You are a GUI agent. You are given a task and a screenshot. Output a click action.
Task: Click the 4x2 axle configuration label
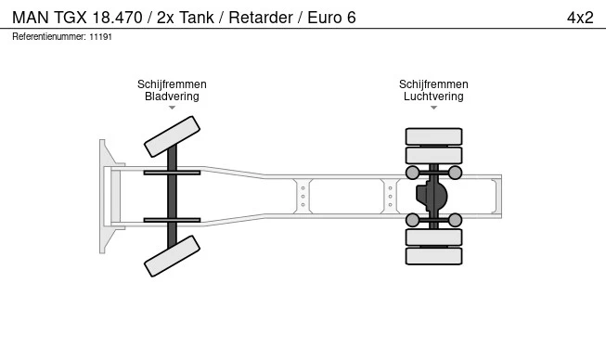pyautogui.click(x=580, y=18)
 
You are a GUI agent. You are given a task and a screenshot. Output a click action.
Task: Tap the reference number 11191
pyautogui.click(x=100, y=37)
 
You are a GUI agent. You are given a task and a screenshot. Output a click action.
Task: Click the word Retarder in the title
pyautogui.click(x=261, y=18)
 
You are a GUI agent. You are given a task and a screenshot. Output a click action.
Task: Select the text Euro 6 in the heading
pyautogui.click(x=331, y=18)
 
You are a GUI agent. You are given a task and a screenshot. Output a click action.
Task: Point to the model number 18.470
pyautogui.click(x=117, y=18)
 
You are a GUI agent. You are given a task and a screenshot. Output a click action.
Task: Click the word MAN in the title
pyautogui.click(x=31, y=18)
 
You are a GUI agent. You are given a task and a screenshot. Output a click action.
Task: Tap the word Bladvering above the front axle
pyautogui.click(x=172, y=96)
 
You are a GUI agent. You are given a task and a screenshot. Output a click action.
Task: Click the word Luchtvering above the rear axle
pyautogui.click(x=433, y=96)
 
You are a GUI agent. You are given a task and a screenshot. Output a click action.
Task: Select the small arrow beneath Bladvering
pyautogui.click(x=172, y=108)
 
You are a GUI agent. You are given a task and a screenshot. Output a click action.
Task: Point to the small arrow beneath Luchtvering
pyautogui.click(x=433, y=108)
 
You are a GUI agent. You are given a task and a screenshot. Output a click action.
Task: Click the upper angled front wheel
pyautogui.click(x=172, y=136)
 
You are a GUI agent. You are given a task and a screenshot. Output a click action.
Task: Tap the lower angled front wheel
pyautogui.click(x=172, y=256)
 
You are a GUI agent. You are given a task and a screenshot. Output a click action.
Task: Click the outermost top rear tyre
pyautogui.click(x=433, y=136)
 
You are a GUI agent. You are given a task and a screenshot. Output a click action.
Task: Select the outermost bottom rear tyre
pyautogui.click(x=433, y=256)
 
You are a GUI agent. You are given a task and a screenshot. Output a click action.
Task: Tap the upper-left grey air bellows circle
pyautogui.click(x=412, y=173)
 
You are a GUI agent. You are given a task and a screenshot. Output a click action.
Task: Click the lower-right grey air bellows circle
pyautogui.click(x=455, y=220)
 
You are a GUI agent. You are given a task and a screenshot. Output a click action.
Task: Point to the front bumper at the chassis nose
pyautogui.click(x=107, y=196)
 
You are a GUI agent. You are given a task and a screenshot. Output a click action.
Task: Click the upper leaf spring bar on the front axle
pyautogui.click(x=172, y=173)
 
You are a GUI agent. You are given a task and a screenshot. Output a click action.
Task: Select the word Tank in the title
pyautogui.click(x=197, y=18)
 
